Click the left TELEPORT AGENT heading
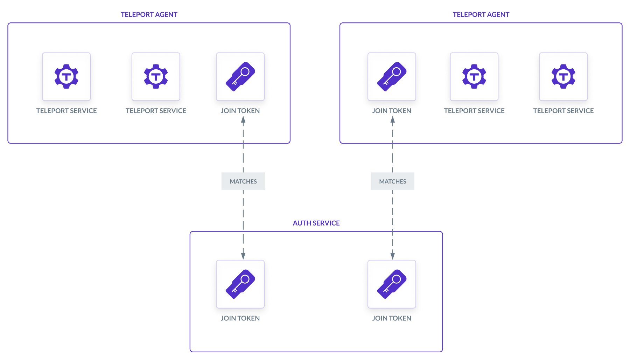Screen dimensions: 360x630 [x=149, y=15]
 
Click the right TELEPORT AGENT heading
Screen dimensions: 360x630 [x=481, y=15]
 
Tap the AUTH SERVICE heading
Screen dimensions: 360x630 [x=316, y=223]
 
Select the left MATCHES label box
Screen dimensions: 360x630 [x=243, y=181]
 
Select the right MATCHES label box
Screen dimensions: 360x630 [x=392, y=181]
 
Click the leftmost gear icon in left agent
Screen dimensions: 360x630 [x=66, y=76]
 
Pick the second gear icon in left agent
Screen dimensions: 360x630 [x=156, y=76]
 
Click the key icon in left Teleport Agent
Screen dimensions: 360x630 [x=240, y=76]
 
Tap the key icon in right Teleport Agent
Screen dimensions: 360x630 [x=392, y=76]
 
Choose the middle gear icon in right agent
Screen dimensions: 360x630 [x=474, y=76]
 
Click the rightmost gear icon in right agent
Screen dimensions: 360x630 [x=563, y=76]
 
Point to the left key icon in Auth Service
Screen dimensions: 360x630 [x=240, y=284]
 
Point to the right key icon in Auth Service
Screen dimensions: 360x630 [x=392, y=284]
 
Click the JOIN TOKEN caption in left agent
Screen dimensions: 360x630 [x=240, y=111]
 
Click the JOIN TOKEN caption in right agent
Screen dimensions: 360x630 [x=392, y=111]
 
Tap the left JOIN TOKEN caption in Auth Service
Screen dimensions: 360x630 [x=240, y=318]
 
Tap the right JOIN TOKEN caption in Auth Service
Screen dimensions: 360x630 [x=392, y=318]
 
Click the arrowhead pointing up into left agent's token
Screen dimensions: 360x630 [x=243, y=120]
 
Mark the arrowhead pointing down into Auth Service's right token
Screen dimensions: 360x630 [x=393, y=255]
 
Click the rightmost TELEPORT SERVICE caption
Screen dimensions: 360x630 [x=563, y=111]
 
